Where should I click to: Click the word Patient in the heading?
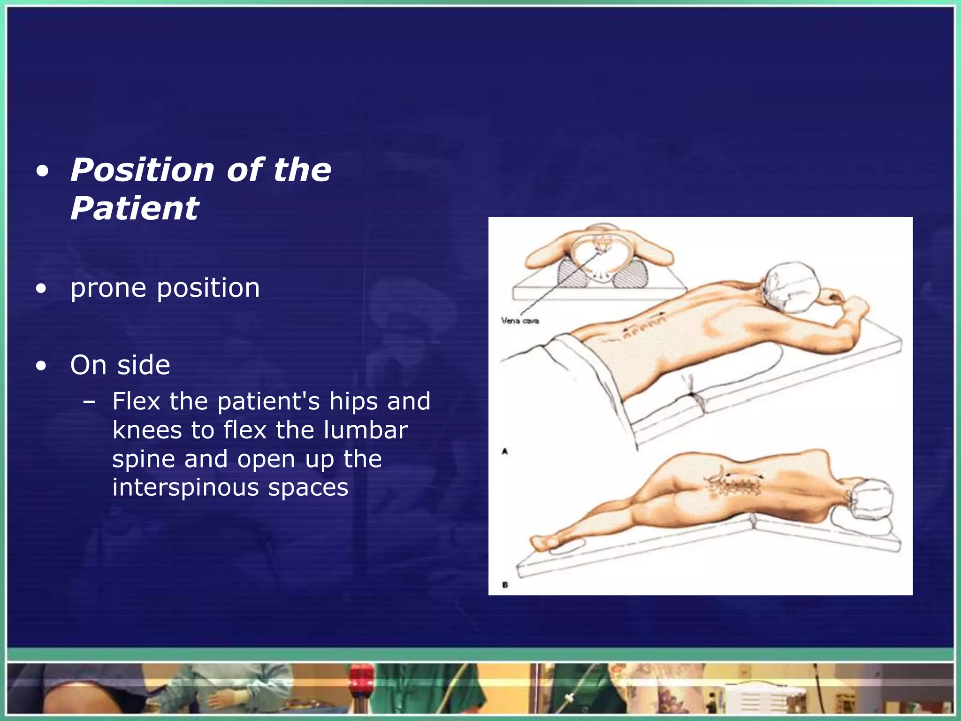click(135, 208)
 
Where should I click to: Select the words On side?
click(120, 365)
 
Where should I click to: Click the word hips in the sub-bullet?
click(356, 401)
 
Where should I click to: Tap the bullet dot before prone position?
click(42, 288)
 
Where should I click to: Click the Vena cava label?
click(520, 321)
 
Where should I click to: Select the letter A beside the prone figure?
click(505, 452)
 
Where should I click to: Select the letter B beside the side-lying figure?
click(505, 585)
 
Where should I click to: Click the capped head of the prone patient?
click(791, 287)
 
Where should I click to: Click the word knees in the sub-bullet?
click(147, 430)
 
